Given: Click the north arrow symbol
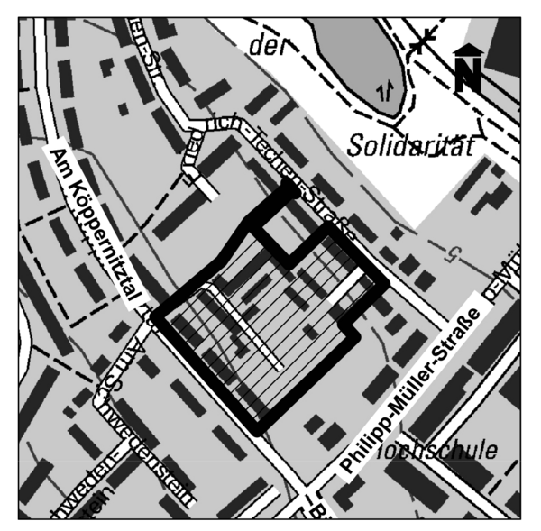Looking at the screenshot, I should click(466, 69).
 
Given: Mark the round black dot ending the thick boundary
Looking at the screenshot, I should click(289, 189).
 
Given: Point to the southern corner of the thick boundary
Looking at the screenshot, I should click(259, 427).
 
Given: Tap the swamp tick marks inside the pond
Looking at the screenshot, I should click(385, 89).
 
